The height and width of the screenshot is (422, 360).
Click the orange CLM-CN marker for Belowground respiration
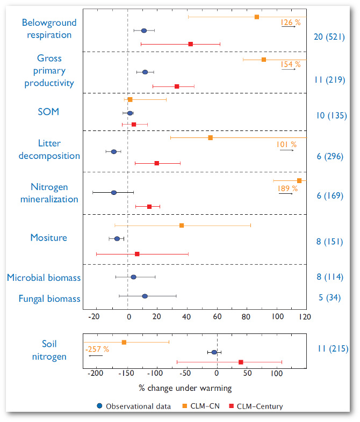point(257,17)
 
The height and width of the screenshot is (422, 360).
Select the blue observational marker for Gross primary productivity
point(145,72)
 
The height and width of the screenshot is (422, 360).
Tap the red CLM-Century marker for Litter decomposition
point(157,163)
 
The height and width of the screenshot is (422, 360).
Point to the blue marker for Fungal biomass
point(145,296)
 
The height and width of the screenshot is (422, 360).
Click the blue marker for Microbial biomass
point(133,277)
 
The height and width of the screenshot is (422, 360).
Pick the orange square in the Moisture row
point(182,225)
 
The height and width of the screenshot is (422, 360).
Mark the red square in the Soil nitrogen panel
point(241,362)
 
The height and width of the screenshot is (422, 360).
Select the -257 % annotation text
point(97,349)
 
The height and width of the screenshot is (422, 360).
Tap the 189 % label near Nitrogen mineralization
point(287,188)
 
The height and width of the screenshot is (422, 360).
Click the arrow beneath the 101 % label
point(286,150)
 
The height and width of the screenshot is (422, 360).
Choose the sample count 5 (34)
point(330,297)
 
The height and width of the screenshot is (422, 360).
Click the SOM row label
point(48,112)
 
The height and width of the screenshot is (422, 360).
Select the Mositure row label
point(48,237)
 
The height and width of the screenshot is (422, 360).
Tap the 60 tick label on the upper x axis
point(217,317)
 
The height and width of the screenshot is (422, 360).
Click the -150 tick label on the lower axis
point(126,373)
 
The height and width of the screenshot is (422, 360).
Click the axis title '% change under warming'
point(185,388)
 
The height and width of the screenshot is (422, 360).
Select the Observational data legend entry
point(134,406)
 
